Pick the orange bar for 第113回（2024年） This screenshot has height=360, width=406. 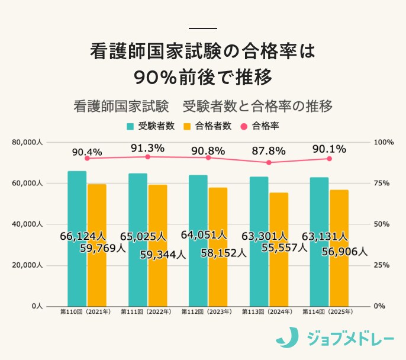tap(279, 249)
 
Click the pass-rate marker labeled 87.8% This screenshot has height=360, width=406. tap(269, 162)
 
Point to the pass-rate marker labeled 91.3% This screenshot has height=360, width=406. tap(148, 156)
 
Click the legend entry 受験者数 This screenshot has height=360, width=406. tap(150, 126)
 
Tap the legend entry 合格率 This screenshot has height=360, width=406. tap(260, 126)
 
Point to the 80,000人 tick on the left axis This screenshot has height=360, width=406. tap(28, 142)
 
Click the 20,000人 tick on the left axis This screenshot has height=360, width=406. tap(28, 265)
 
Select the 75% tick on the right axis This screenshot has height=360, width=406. tap(381, 184)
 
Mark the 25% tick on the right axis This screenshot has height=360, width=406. tap(381, 265)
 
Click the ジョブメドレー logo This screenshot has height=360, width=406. tap(335, 337)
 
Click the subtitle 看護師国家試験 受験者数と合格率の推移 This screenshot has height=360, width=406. tap(203, 107)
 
